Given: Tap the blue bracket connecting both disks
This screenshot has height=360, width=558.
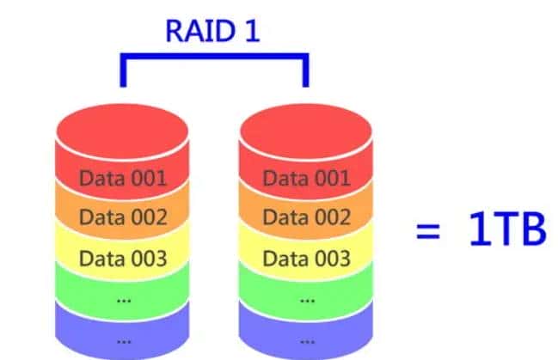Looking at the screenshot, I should (213, 58).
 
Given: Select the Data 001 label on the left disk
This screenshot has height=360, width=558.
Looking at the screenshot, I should (123, 179).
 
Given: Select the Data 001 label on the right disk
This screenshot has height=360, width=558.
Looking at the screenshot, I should (306, 179).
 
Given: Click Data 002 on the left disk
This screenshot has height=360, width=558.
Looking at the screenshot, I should (123, 217).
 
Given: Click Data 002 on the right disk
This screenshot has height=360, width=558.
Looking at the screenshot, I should (306, 217).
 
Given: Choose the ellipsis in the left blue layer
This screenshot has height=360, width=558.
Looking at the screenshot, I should (123, 339).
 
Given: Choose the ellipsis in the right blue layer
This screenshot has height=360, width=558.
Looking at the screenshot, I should (306, 339).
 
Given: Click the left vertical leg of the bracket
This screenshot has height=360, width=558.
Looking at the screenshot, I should (123, 72).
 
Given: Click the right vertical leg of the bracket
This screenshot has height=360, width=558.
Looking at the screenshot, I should (304, 72).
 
